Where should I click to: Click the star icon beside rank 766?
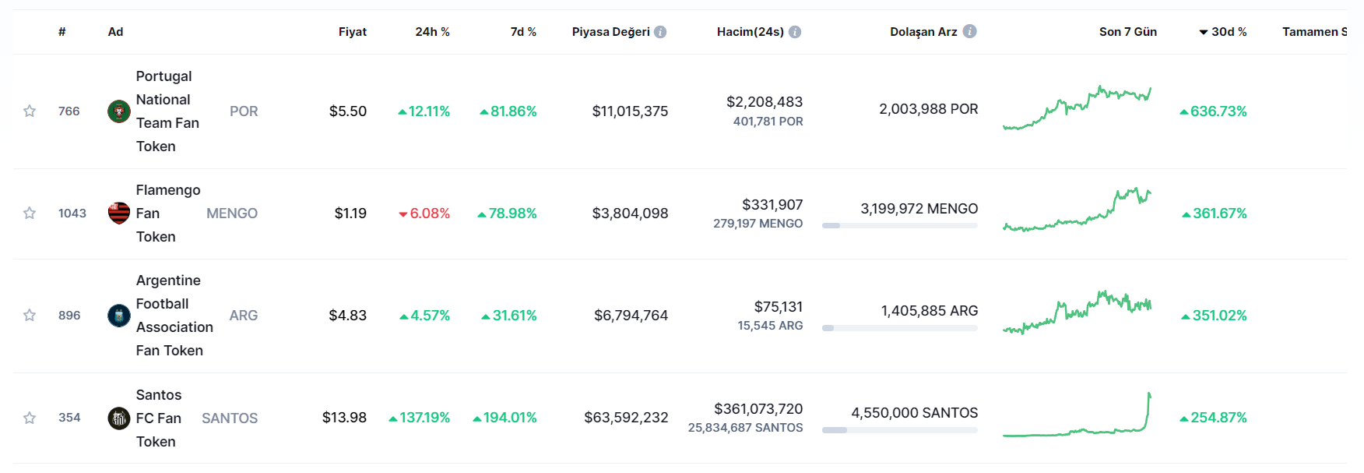[x=30, y=111]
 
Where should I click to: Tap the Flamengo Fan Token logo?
[x=119, y=213]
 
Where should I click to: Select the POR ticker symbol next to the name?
[x=244, y=111]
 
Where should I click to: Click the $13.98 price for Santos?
[x=344, y=418]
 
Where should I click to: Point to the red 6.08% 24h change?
[x=424, y=214]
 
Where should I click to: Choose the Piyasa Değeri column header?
[x=610, y=32]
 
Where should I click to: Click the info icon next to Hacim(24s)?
[x=795, y=32]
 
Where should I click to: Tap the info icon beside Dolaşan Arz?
[x=969, y=31]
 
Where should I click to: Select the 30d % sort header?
[x=1223, y=32]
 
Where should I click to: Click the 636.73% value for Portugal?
[x=1214, y=111]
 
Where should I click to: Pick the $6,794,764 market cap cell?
[x=631, y=316]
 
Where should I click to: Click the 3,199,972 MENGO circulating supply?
[x=919, y=209]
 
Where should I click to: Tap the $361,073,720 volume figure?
[x=758, y=409]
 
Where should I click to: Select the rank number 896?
[x=69, y=316]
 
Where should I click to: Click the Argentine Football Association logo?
[x=119, y=316]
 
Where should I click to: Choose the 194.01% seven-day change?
[x=505, y=418]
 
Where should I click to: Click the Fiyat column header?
[x=352, y=32]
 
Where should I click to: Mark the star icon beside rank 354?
[x=30, y=418]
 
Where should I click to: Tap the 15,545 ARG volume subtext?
[x=770, y=326]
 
